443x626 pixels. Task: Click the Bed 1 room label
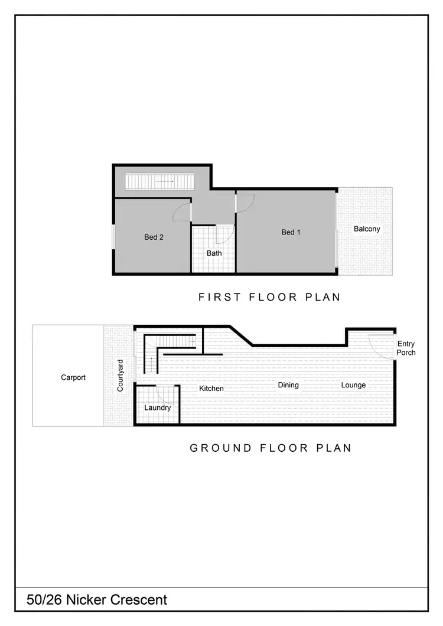(x=291, y=232)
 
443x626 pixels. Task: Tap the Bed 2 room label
(x=154, y=237)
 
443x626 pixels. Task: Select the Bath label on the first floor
(x=214, y=253)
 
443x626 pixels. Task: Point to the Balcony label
(x=367, y=229)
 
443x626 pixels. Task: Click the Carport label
(x=73, y=377)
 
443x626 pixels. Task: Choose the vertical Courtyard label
(x=120, y=376)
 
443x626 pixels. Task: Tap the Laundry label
(x=158, y=407)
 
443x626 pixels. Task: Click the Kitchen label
(x=211, y=388)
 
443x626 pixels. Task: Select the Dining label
(x=288, y=385)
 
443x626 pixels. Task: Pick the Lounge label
(x=353, y=385)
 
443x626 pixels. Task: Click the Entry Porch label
(x=406, y=348)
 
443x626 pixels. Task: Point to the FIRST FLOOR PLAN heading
(x=269, y=297)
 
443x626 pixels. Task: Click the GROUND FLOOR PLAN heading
(x=271, y=448)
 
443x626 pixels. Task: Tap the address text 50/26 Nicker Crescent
(x=97, y=600)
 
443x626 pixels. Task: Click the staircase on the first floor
(x=160, y=181)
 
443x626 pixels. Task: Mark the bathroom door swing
(x=224, y=235)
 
